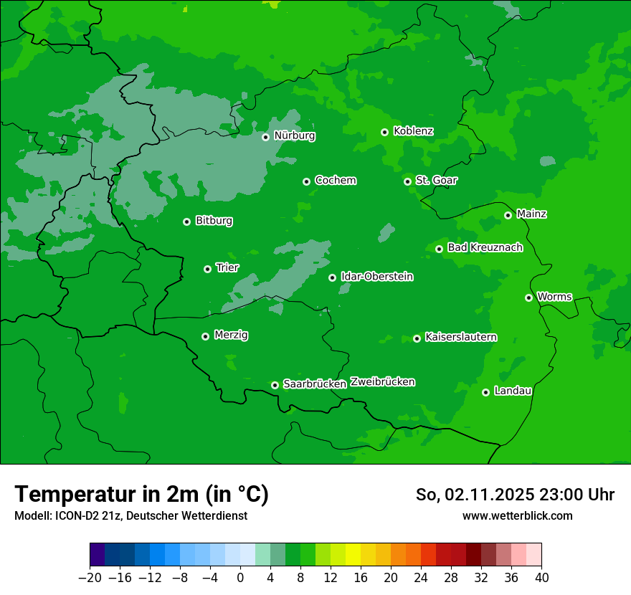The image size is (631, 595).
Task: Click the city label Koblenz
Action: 413,131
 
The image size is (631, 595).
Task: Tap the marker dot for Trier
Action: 207,269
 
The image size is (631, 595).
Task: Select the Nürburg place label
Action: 294,135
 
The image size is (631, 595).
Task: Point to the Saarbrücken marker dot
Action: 275,385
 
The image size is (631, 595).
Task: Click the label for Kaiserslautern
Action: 460,337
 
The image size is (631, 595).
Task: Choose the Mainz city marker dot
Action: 508,215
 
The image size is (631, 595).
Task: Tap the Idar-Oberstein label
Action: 376,277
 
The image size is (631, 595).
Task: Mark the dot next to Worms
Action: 528,297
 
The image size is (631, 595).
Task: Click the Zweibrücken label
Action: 382,382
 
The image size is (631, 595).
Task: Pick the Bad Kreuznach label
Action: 485,247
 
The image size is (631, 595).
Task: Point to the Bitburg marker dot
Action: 186,222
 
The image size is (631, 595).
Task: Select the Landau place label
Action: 513,391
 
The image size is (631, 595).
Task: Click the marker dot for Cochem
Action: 306,181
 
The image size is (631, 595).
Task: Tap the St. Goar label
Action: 436,180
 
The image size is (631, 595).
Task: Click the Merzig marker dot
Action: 205,336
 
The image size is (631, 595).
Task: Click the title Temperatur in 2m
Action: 141,494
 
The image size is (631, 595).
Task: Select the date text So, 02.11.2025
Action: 477,495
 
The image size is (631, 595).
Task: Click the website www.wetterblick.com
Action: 517,515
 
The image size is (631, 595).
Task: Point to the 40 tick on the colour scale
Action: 541,577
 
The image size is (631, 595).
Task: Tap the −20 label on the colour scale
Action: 90,577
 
